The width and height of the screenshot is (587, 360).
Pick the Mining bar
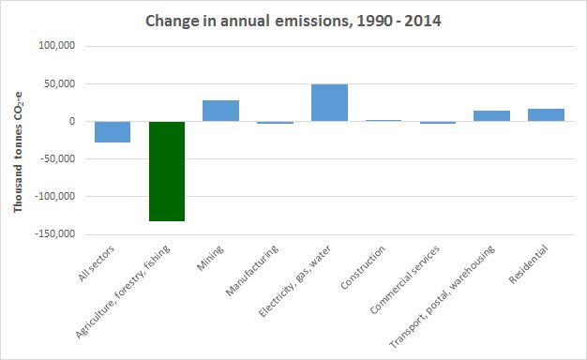pos(220,111)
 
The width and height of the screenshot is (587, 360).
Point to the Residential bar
pos(546,115)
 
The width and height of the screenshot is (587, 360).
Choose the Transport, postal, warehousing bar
pos(491,116)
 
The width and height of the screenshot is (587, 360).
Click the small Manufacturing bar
pos(275,123)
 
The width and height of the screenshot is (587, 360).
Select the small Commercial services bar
pos(437,123)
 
